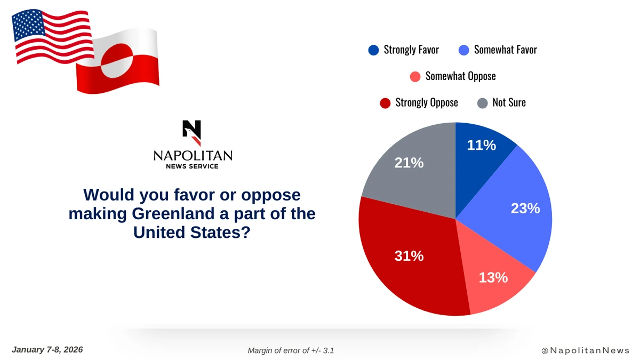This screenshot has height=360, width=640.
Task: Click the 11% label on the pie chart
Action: pos(482,145)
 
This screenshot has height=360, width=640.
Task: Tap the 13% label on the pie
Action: pos(493,277)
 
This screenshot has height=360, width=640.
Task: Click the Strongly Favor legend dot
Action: pos(373,50)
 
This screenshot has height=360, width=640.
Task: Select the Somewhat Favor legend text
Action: pos(505,50)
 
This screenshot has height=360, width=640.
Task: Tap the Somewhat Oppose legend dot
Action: pos(415,76)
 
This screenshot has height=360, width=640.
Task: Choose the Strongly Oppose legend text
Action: pos(426,102)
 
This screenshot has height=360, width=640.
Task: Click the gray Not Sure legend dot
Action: pos(482,102)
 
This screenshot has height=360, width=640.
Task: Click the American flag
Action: pos(52,36)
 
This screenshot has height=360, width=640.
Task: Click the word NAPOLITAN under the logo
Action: pos(193,155)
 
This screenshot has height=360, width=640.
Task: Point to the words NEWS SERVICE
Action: pos(193,166)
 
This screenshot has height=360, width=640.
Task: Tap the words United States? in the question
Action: pos(192,232)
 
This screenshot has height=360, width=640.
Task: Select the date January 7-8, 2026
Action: pos(47,350)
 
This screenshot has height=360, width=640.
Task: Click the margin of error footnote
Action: pos(291,350)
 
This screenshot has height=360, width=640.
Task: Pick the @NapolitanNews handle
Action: pos(585,350)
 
